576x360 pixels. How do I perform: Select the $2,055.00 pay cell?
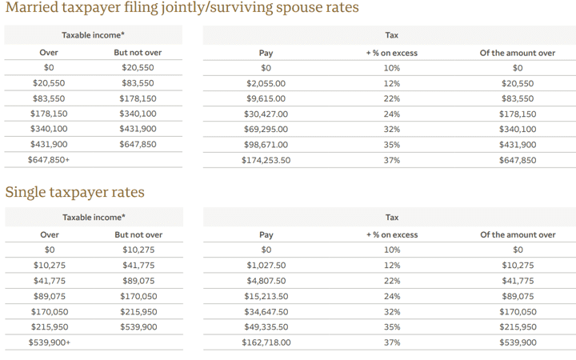click(266, 83)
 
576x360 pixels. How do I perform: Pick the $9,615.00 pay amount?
click(266, 98)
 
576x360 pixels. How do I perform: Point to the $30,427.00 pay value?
click(266, 114)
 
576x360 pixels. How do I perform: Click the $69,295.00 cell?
click(266, 129)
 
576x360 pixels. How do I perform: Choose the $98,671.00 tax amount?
click(266, 145)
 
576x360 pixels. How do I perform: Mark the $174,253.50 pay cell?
click(266, 160)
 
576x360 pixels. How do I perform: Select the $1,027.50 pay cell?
click(266, 266)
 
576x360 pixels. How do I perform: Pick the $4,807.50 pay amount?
click(266, 281)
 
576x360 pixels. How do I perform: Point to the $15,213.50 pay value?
click(266, 296)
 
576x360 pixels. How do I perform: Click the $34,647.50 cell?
click(266, 312)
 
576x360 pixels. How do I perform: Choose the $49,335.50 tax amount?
click(266, 327)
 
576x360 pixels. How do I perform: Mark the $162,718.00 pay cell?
click(266, 342)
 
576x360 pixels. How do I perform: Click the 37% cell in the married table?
click(391, 160)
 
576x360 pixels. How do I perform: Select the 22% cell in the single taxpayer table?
click(391, 281)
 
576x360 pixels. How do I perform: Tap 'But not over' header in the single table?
click(138, 235)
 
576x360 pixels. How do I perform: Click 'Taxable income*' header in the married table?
click(94, 35)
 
